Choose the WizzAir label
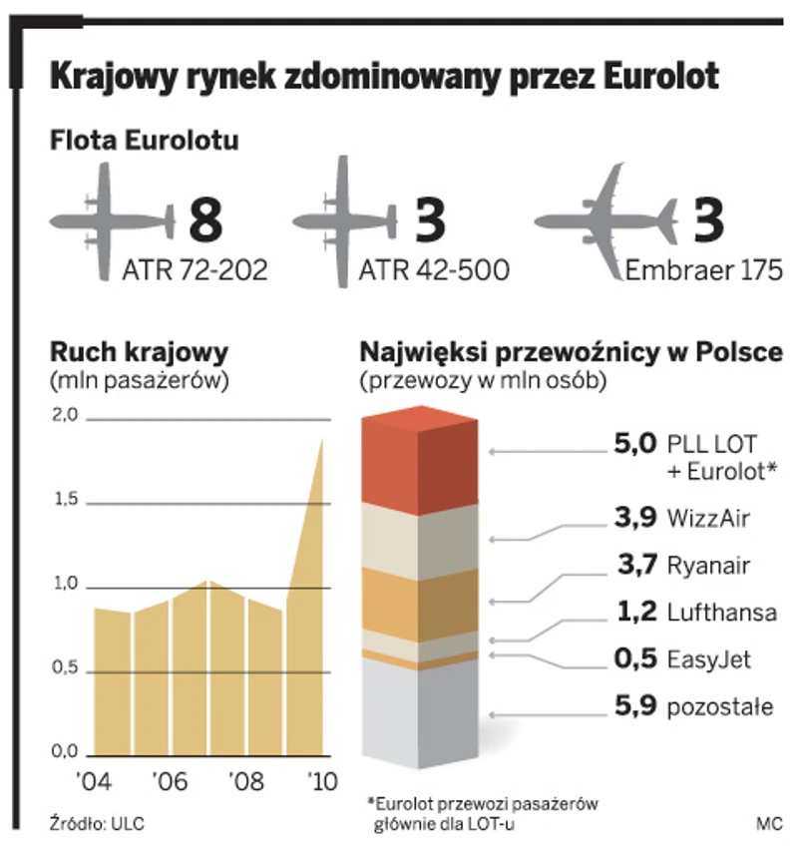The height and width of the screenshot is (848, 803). [x=708, y=518]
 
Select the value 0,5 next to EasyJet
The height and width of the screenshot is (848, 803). [x=636, y=659]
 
